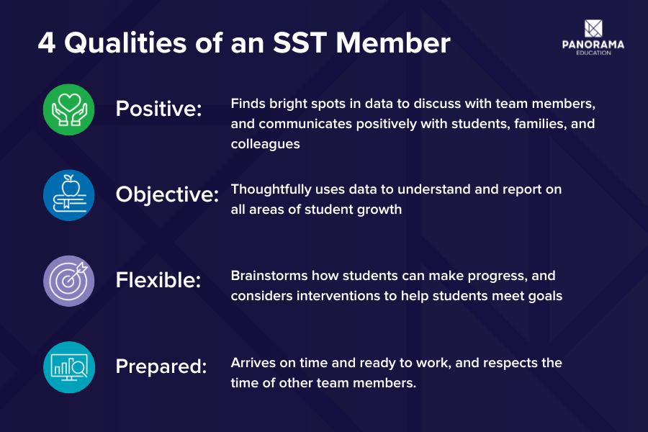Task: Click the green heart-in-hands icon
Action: tap(69, 109)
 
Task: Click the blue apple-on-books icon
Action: tap(69, 195)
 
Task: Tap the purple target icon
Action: tap(69, 281)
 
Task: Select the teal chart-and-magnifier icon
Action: tap(69, 366)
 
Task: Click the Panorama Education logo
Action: tap(593, 37)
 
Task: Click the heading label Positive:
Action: tap(159, 109)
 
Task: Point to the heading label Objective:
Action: tap(167, 195)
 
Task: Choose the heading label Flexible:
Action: tap(158, 281)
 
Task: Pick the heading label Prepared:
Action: tap(161, 366)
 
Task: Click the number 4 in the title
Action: tap(46, 43)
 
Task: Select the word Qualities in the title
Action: tap(123, 43)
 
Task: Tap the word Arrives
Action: tap(251, 362)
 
